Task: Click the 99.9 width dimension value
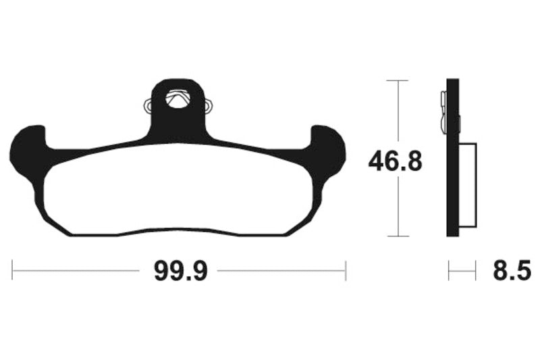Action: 178,272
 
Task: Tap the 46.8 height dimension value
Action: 395,163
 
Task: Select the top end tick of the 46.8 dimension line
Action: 398,80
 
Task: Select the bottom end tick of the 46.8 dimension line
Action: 398,236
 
